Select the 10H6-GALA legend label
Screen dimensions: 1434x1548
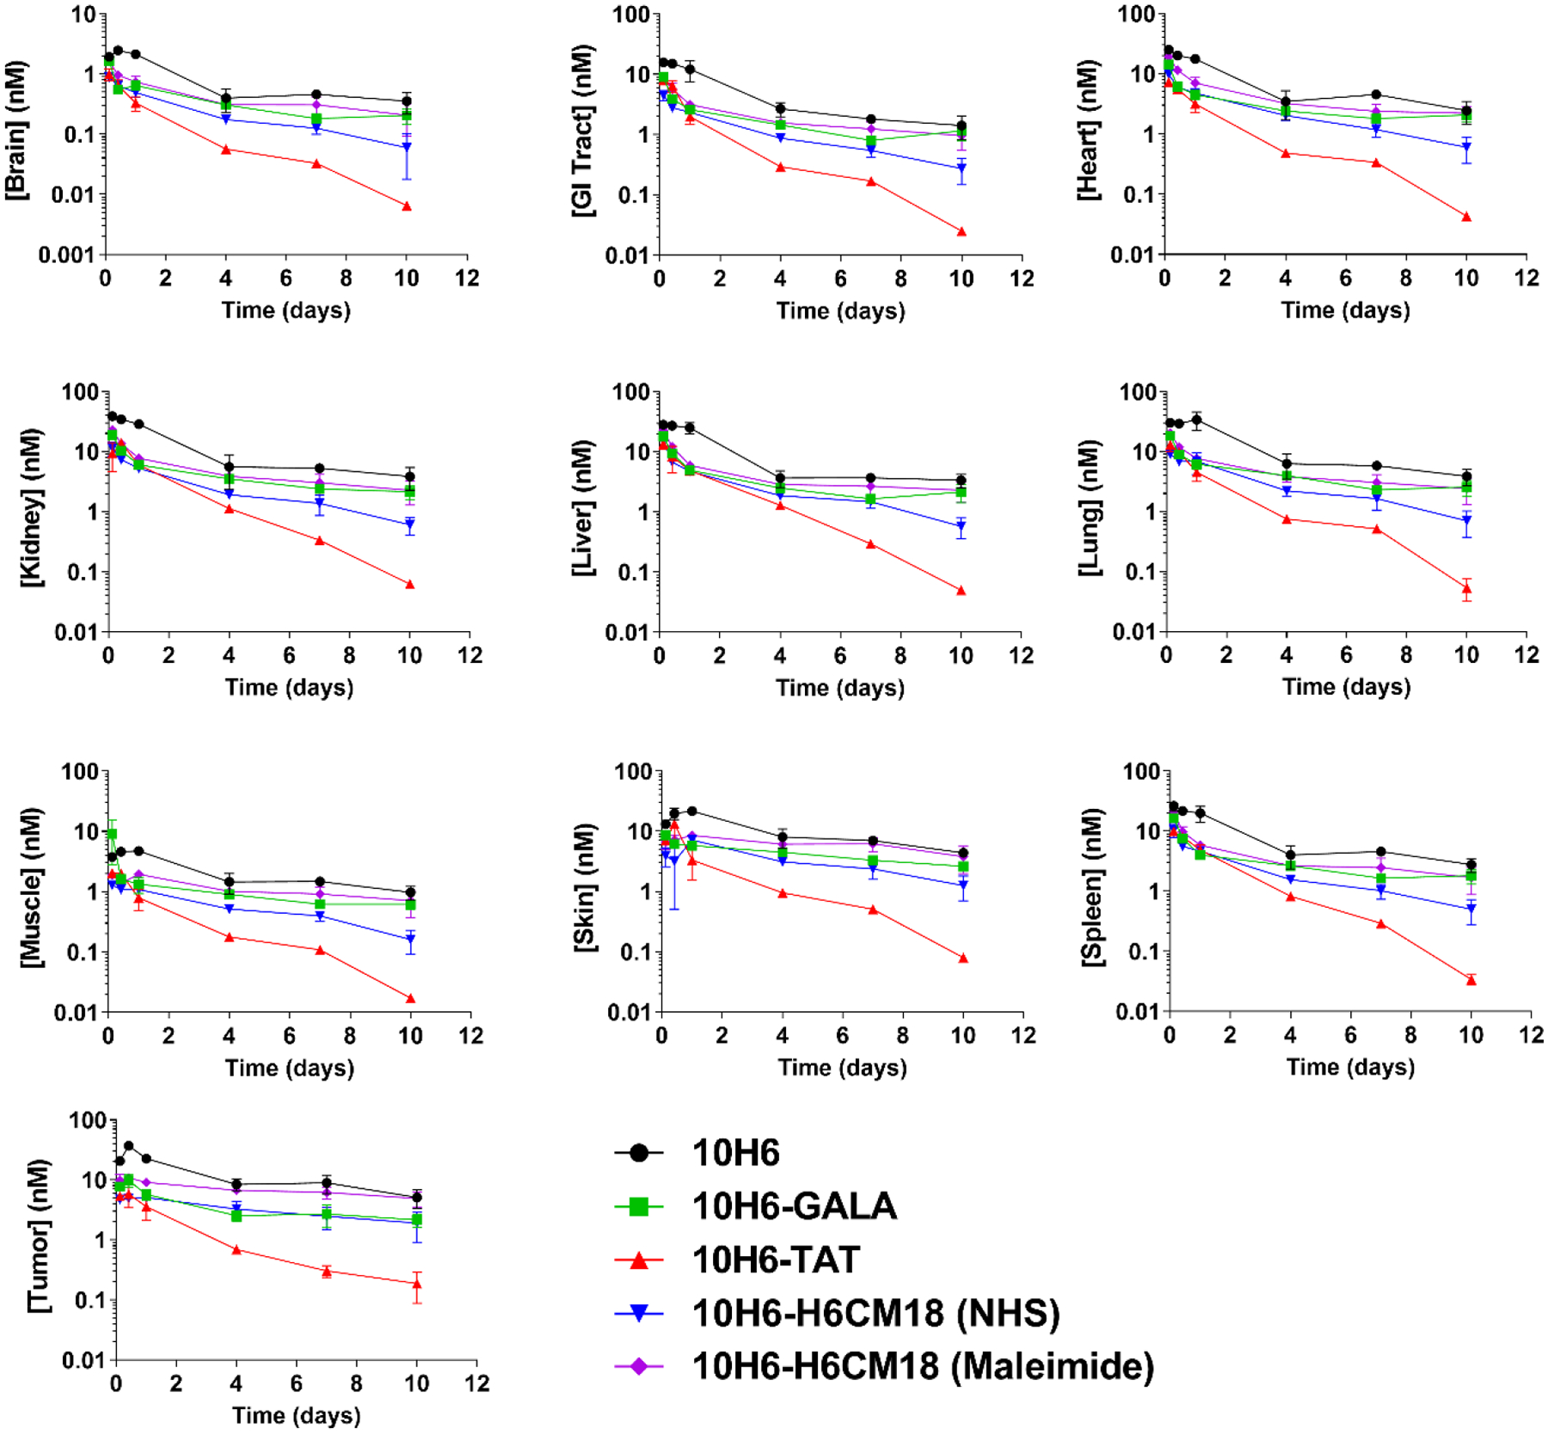[x=794, y=1206]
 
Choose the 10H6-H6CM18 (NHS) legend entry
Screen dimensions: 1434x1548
[x=875, y=1313]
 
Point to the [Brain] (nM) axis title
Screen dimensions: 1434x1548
[x=16, y=131]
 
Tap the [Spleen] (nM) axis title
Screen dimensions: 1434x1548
[x=1093, y=887]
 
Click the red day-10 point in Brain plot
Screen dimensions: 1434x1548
[x=407, y=206]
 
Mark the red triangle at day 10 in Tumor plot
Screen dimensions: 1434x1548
[x=417, y=1284]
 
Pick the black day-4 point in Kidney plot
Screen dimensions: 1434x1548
[x=229, y=467]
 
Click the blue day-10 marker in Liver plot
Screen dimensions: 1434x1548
[x=961, y=527]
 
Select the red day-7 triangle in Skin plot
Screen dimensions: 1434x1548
[x=873, y=910]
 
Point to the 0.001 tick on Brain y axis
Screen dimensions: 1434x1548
[x=65, y=254]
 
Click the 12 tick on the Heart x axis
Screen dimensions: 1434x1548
[x=1526, y=278]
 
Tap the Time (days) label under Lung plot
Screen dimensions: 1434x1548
[x=1346, y=687]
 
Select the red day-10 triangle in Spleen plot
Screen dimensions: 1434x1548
[x=1471, y=979]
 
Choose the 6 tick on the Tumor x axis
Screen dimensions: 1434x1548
[x=297, y=1383]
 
